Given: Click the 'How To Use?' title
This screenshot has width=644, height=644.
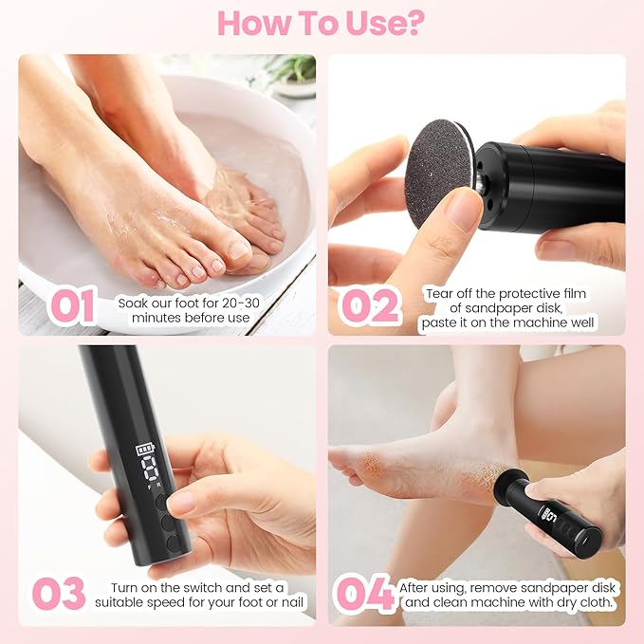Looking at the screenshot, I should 322,23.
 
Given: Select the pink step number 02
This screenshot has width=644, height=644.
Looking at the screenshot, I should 371,306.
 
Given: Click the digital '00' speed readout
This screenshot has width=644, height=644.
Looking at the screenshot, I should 144,471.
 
